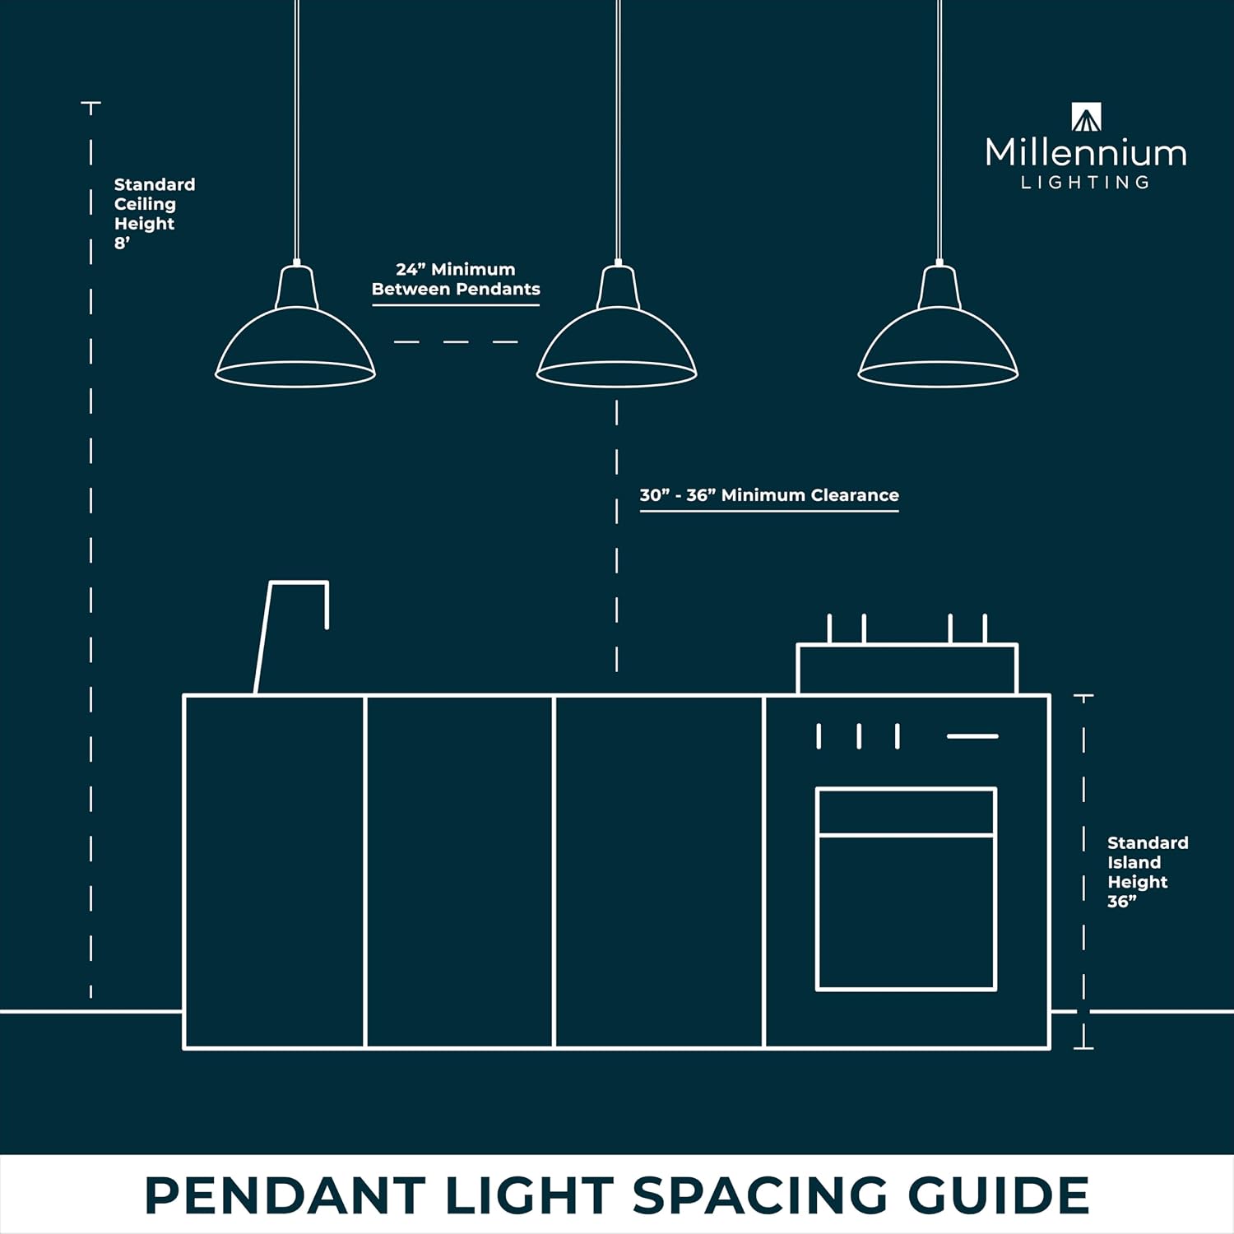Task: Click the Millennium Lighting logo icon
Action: tap(1086, 117)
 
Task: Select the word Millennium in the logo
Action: tap(1086, 153)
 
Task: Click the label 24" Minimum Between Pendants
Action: tap(456, 279)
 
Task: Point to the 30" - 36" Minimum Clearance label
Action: tap(769, 495)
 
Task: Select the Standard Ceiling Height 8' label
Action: tap(155, 213)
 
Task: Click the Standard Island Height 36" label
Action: tap(1148, 872)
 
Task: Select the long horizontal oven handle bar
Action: tap(972, 736)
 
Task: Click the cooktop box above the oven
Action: tap(907, 668)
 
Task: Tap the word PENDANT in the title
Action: tap(285, 1195)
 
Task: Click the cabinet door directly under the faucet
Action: tap(274, 871)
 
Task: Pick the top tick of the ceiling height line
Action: tap(90, 104)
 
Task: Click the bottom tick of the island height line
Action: tap(1083, 1048)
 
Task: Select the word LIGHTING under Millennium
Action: tap(1086, 183)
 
